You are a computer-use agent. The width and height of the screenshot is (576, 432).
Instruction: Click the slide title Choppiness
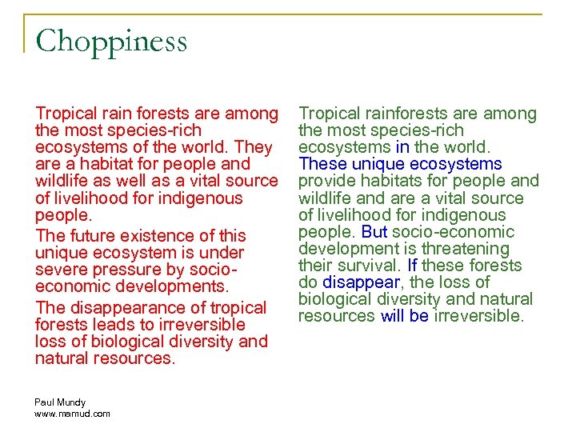(x=111, y=41)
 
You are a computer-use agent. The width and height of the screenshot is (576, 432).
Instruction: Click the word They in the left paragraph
(x=256, y=146)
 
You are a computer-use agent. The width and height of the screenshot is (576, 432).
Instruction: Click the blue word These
(x=319, y=164)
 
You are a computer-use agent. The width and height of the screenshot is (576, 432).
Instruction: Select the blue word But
(x=374, y=231)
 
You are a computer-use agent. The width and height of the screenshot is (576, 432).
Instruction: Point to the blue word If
(x=412, y=265)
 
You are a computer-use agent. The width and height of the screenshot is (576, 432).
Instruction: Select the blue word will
(x=392, y=315)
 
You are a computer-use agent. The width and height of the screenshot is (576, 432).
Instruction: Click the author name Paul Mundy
(x=60, y=402)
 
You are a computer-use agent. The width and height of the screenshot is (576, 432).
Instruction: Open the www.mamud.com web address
(x=73, y=414)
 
